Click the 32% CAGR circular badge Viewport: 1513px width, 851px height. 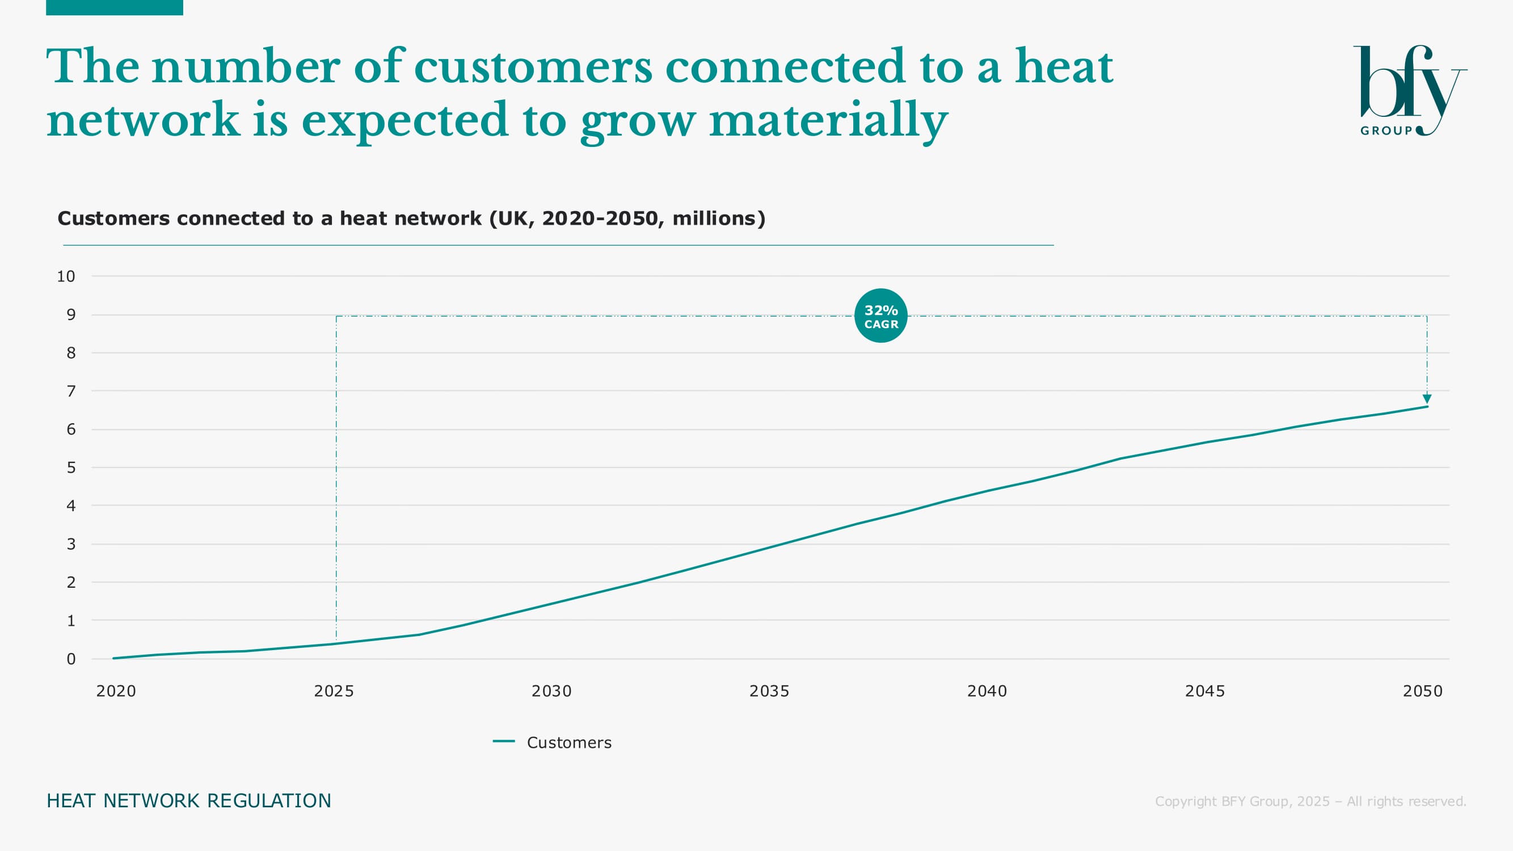click(880, 316)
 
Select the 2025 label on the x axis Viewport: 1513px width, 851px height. click(334, 690)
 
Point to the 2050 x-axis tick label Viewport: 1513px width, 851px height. click(1422, 690)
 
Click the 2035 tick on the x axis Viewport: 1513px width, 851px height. click(769, 690)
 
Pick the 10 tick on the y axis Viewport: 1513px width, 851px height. click(66, 276)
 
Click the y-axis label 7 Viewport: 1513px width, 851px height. click(71, 391)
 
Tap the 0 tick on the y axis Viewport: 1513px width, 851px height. click(71, 659)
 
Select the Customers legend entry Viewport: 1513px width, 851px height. click(553, 742)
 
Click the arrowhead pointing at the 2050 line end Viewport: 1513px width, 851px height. click(1427, 399)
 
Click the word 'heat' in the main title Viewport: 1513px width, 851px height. click(1064, 67)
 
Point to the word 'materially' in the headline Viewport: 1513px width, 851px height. click(828, 120)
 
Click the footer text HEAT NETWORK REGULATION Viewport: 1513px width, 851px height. click(188, 801)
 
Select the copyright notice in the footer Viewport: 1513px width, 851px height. click(1310, 801)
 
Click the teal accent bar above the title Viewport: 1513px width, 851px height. click(115, 7)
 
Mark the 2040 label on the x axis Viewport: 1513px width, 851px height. click(987, 690)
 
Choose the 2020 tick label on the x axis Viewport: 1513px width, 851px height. click(116, 690)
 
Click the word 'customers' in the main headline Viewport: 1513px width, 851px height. click(533, 67)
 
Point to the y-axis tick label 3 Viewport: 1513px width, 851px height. click(71, 544)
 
